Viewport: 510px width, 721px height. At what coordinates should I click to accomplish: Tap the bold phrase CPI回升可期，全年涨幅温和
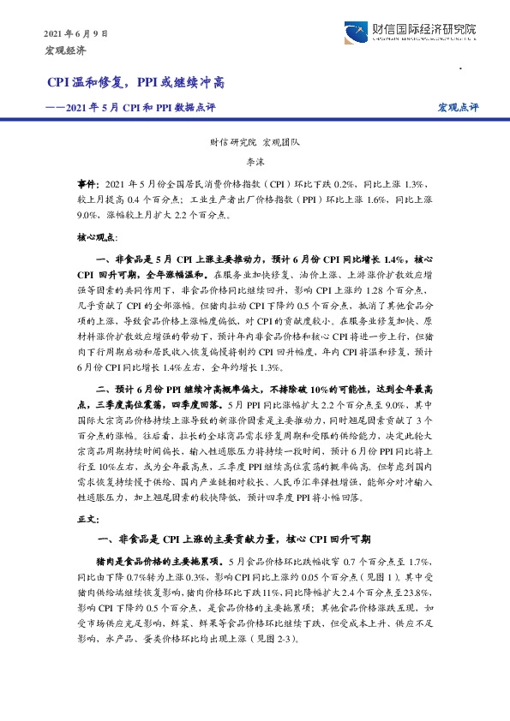pyautogui.click(x=139, y=274)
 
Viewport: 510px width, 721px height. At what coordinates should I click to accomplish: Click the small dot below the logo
pyautogui.click(x=461, y=68)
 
